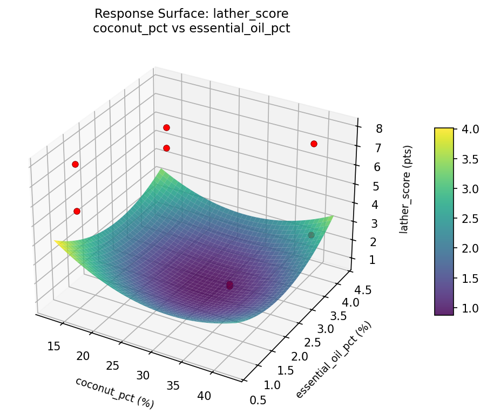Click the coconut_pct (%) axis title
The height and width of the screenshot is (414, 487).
[114, 392]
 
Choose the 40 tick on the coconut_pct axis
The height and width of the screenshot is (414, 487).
[205, 396]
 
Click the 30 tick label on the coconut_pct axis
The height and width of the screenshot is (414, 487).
[143, 375]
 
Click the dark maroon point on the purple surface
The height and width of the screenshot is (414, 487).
[229, 285]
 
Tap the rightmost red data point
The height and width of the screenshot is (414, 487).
[314, 144]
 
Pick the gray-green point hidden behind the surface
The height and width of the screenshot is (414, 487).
[311, 235]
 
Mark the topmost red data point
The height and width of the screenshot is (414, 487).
[166, 127]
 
